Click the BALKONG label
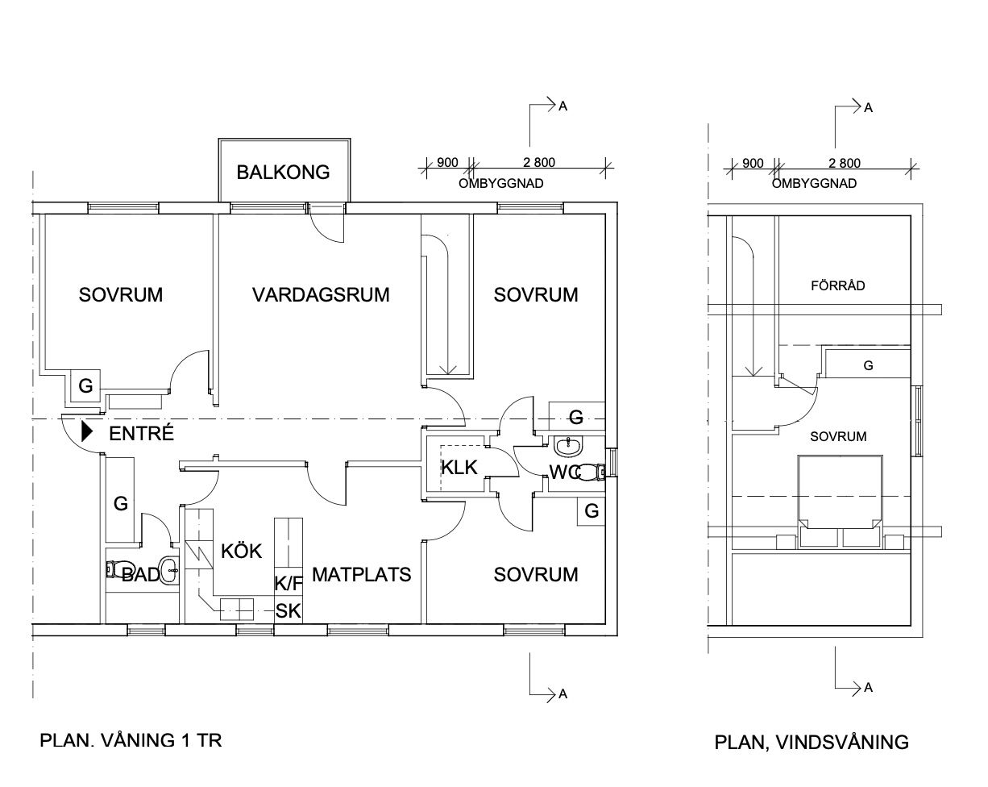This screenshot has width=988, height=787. click(283, 172)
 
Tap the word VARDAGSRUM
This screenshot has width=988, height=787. click(321, 294)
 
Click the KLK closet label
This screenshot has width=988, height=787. click(459, 467)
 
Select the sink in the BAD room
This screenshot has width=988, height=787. click(168, 571)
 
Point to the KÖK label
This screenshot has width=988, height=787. click(242, 552)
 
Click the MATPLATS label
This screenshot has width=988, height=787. click(361, 574)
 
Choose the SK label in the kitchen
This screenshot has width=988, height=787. click(288, 610)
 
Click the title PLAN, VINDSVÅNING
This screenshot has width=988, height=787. click(812, 742)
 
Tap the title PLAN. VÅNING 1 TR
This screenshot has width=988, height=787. click(131, 740)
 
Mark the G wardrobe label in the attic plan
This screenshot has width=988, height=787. click(868, 365)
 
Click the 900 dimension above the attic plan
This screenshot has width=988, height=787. click(753, 163)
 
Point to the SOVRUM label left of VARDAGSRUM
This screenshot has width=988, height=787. click(121, 294)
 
